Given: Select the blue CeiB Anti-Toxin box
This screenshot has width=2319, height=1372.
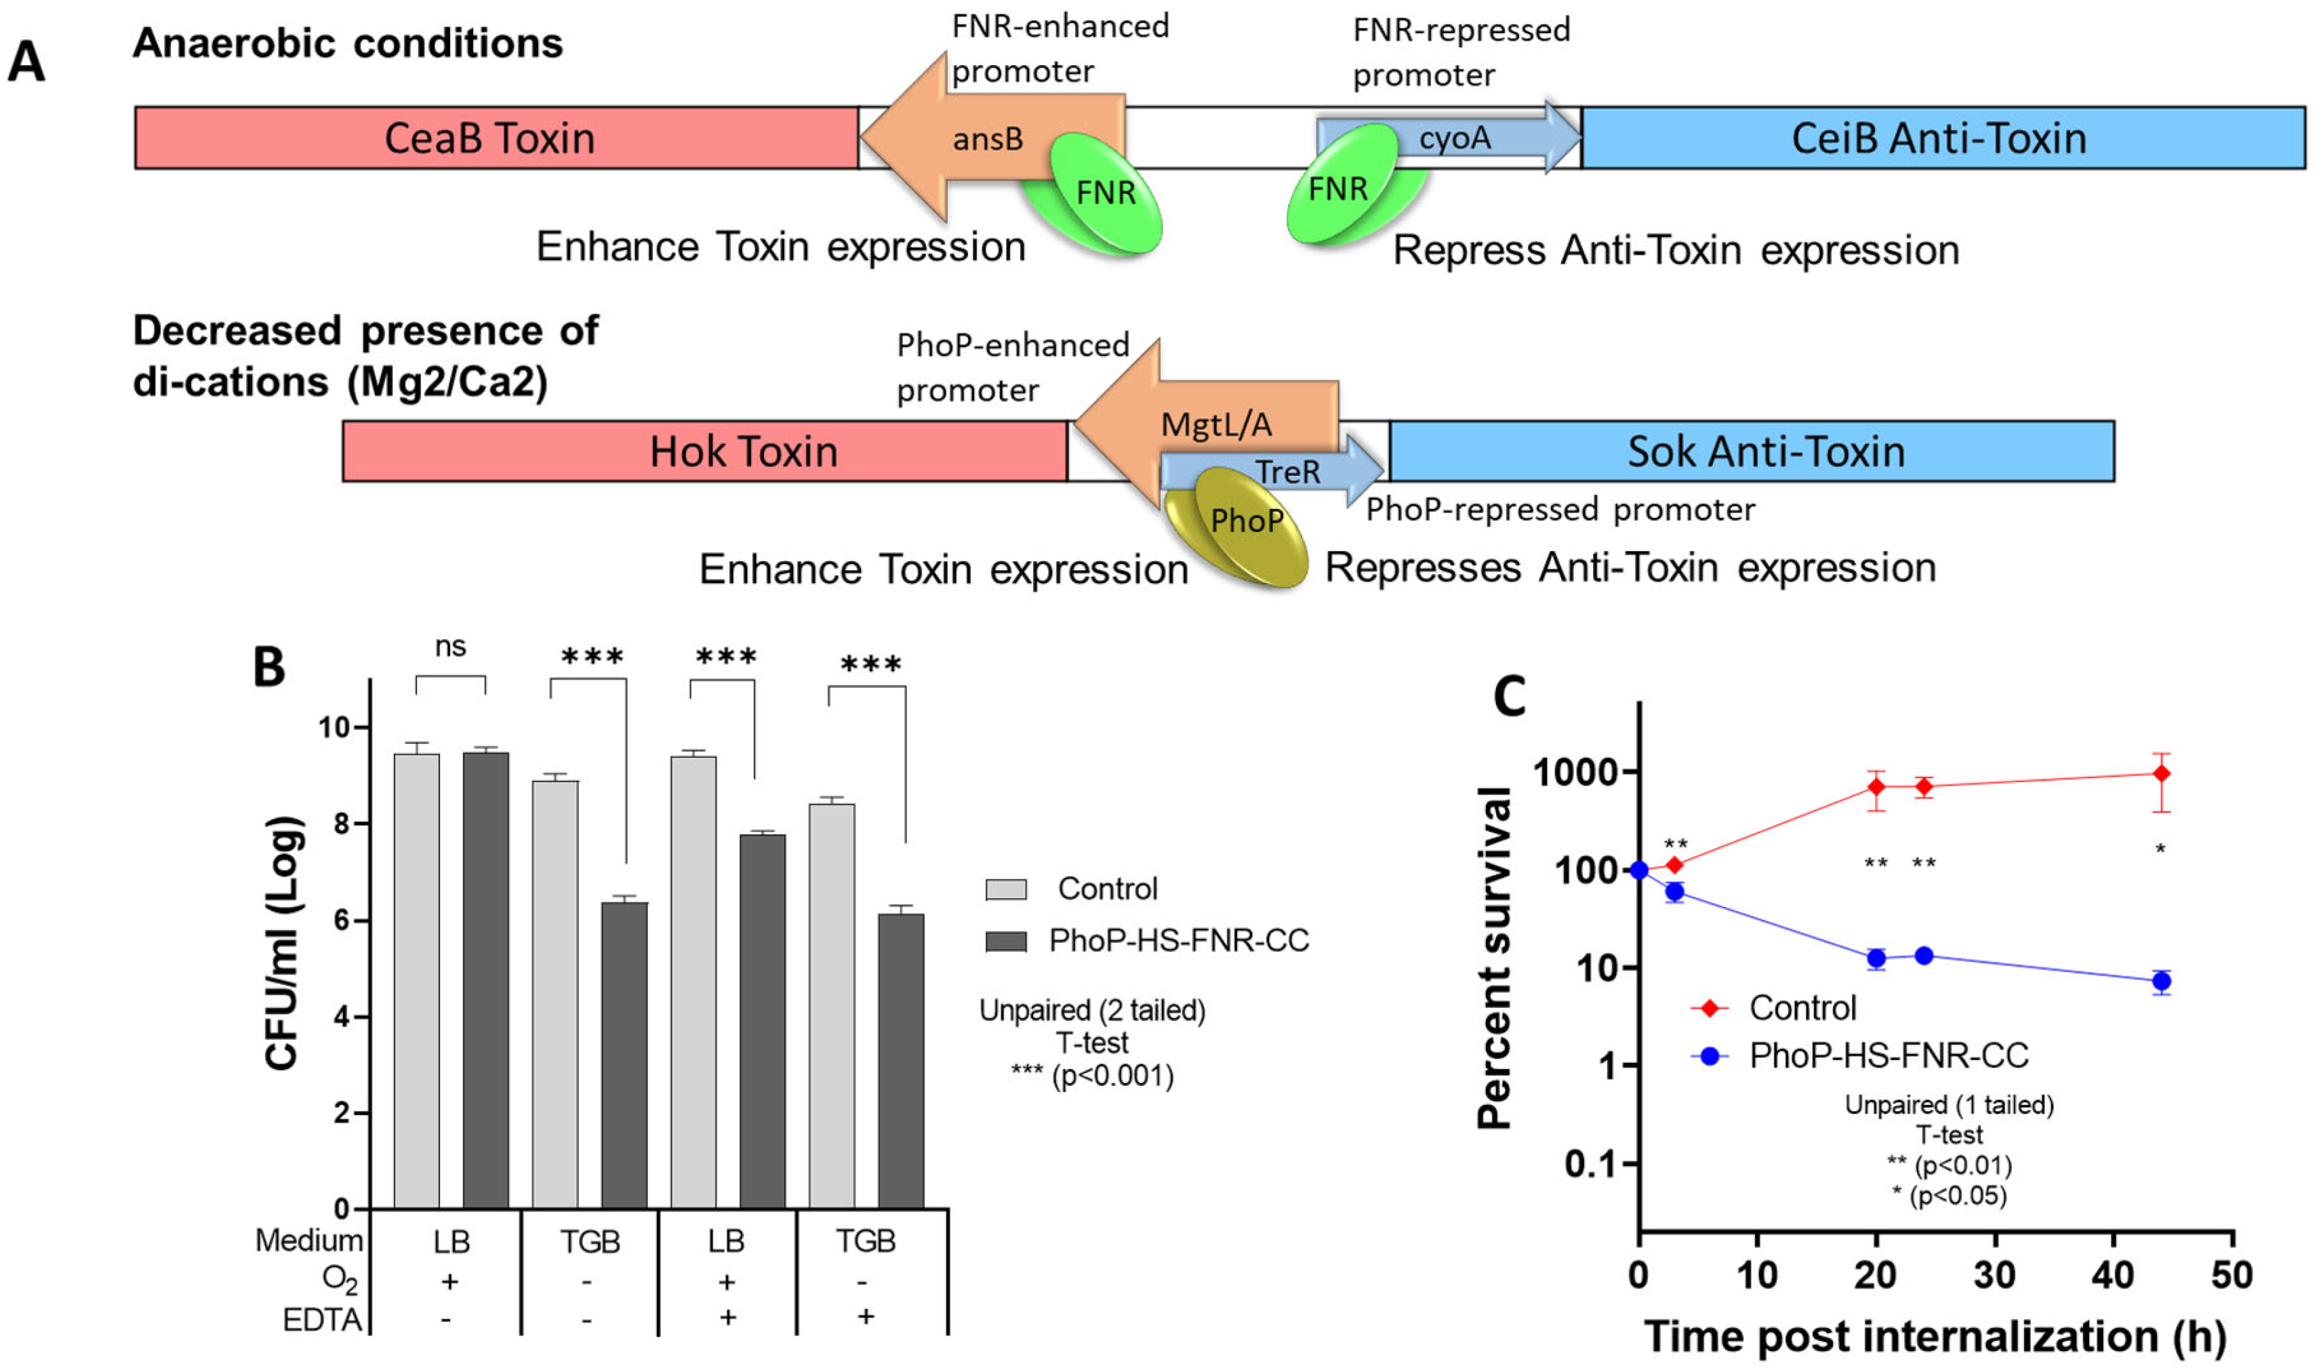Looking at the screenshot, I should [1941, 138].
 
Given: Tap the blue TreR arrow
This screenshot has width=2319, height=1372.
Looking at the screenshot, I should [1294, 472].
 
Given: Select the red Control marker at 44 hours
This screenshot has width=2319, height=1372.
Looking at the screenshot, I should [2161, 773].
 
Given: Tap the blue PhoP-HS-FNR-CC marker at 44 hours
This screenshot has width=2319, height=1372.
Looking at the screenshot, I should [2161, 982].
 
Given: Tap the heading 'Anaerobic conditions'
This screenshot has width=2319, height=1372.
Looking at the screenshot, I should [348, 43].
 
